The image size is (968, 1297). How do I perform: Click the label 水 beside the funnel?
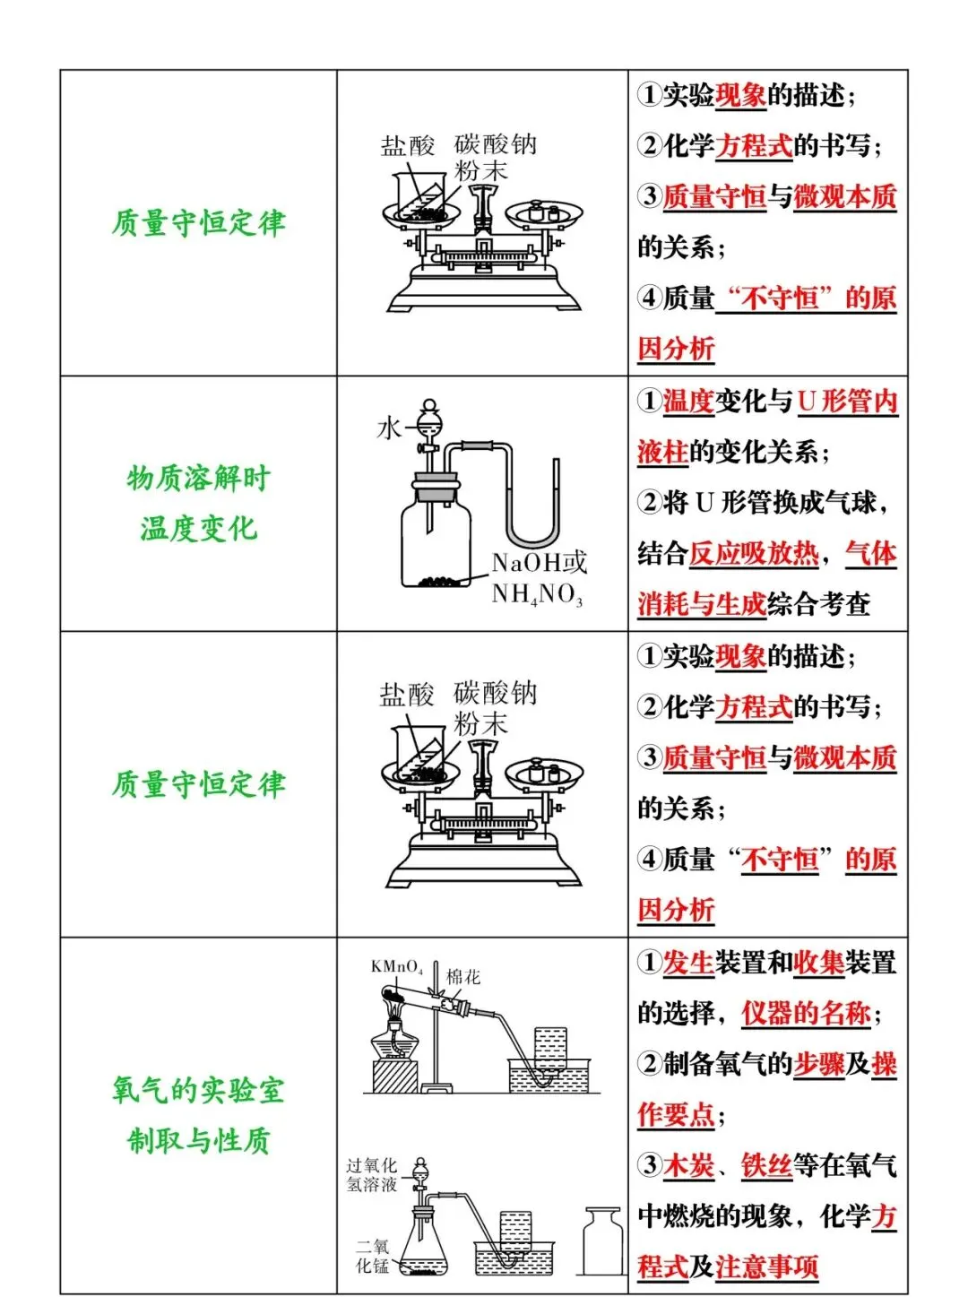[x=389, y=428]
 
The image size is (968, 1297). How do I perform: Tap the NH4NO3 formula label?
[x=537, y=594]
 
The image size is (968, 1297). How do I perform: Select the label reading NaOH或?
[x=540, y=563]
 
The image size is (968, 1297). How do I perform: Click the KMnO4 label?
[x=396, y=967]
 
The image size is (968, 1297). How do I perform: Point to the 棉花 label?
[x=463, y=977]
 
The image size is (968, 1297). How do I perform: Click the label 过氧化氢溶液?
[x=371, y=1175]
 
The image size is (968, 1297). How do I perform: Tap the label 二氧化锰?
[x=372, y=1256]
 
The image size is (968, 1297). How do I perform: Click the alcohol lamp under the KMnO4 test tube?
[x=394, y=1040]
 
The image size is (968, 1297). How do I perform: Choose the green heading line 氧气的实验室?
[x=198, y=1090]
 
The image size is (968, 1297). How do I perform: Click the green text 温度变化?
[x=198, y=528]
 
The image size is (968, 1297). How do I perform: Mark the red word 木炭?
[x=688, y=1165]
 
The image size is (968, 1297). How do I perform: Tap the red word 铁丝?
[x=766, y=1165]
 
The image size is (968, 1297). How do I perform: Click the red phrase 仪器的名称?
[x=806, y=1013]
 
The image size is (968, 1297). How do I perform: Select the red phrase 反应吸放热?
[x=753, y=553]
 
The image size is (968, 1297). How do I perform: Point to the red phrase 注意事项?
[x=767, y=1267]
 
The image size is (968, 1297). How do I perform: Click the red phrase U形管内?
[x=847, y=401]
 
